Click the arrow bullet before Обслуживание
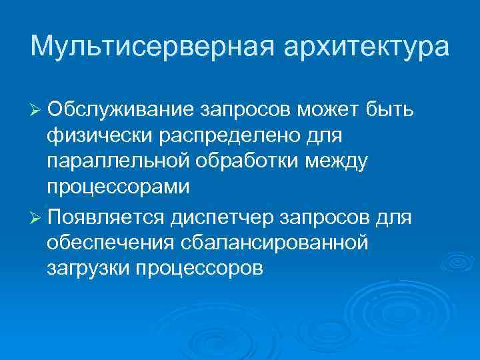[37, 109]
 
